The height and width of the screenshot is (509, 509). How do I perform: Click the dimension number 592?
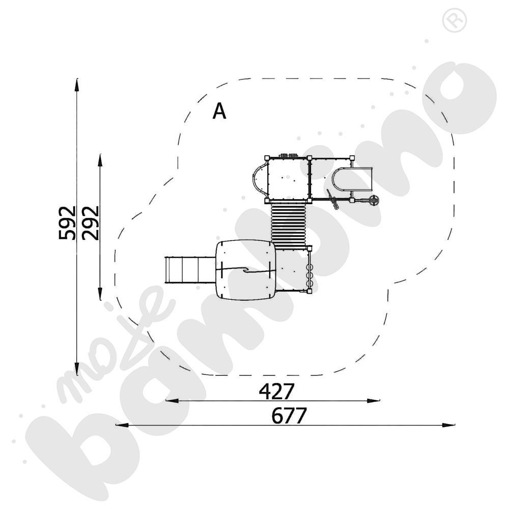(x=67, y=223)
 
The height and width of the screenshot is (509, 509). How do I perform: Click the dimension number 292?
(x=90, y=223)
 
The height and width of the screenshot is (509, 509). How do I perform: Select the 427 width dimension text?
(x=276, y=391)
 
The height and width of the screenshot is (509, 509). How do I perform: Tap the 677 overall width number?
(x=289, y=416)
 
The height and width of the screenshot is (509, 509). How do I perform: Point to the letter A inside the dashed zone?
(x=219, y=111)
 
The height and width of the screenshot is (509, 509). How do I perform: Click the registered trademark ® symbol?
(x=455, y=20)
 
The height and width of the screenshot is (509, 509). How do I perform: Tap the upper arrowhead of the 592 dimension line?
(x=77, y=85)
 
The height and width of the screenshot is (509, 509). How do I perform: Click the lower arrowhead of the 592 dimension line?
(x=77, y=368)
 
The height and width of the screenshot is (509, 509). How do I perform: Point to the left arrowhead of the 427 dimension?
(x=172, y=401)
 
